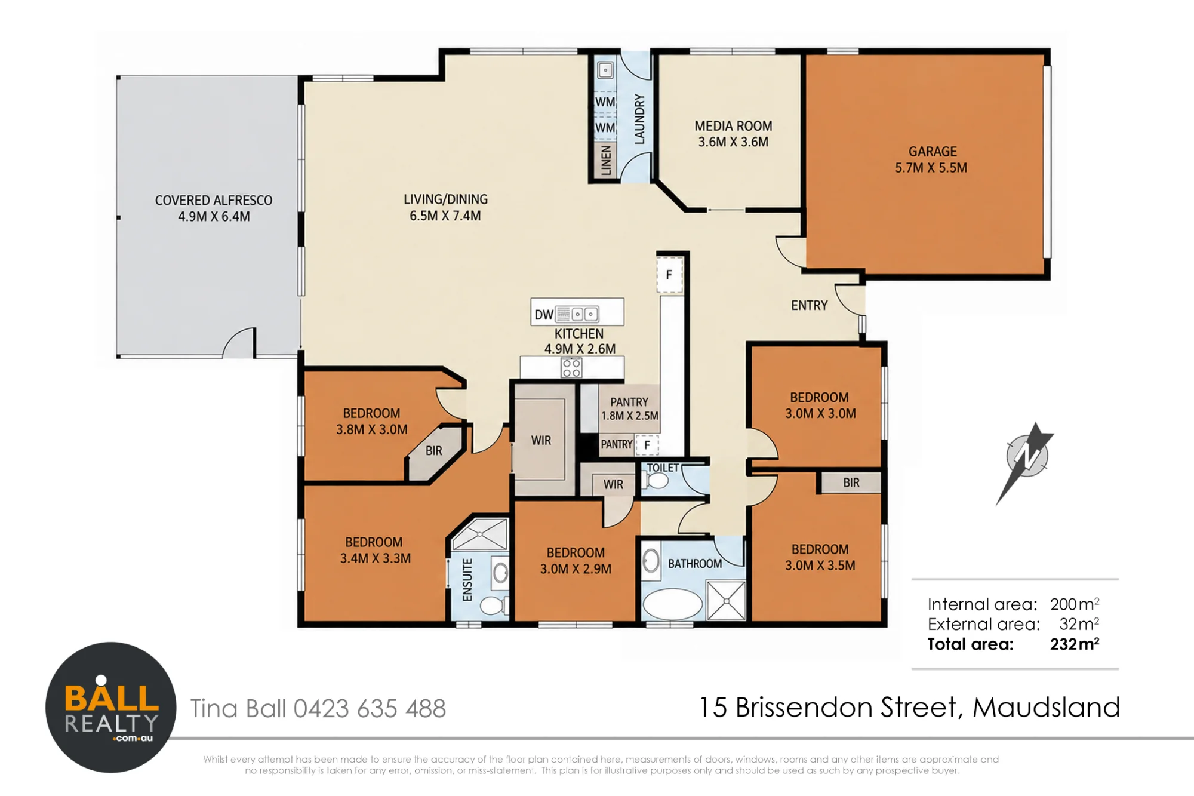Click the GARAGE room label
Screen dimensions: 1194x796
tap(933, 152)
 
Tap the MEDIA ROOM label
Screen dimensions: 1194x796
tap(733, 126)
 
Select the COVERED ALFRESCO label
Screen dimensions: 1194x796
tap(214, 201)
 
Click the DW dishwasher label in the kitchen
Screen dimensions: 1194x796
tap(544, 315)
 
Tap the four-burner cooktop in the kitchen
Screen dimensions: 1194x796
tap(571, 368)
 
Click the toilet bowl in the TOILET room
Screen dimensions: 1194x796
tap(657, 481)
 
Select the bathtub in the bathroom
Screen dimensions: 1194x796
tap(672, 604)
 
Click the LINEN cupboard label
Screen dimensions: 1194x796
tap(606, 160)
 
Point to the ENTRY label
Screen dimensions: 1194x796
tap(809, 306)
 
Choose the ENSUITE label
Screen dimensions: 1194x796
tap(467, 580)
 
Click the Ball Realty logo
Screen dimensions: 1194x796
tap(111, 708)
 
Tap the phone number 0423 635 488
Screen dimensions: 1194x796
tap(370, 709)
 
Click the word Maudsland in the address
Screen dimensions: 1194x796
tap(1046, 708)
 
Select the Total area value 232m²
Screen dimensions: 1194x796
tap(1075, 644)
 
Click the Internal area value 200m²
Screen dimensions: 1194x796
tap(1075, 604)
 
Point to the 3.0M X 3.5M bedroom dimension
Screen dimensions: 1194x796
tap(820, 566)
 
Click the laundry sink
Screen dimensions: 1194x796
tap(605, 70)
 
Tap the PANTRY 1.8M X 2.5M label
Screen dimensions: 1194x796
tap(629, 409)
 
